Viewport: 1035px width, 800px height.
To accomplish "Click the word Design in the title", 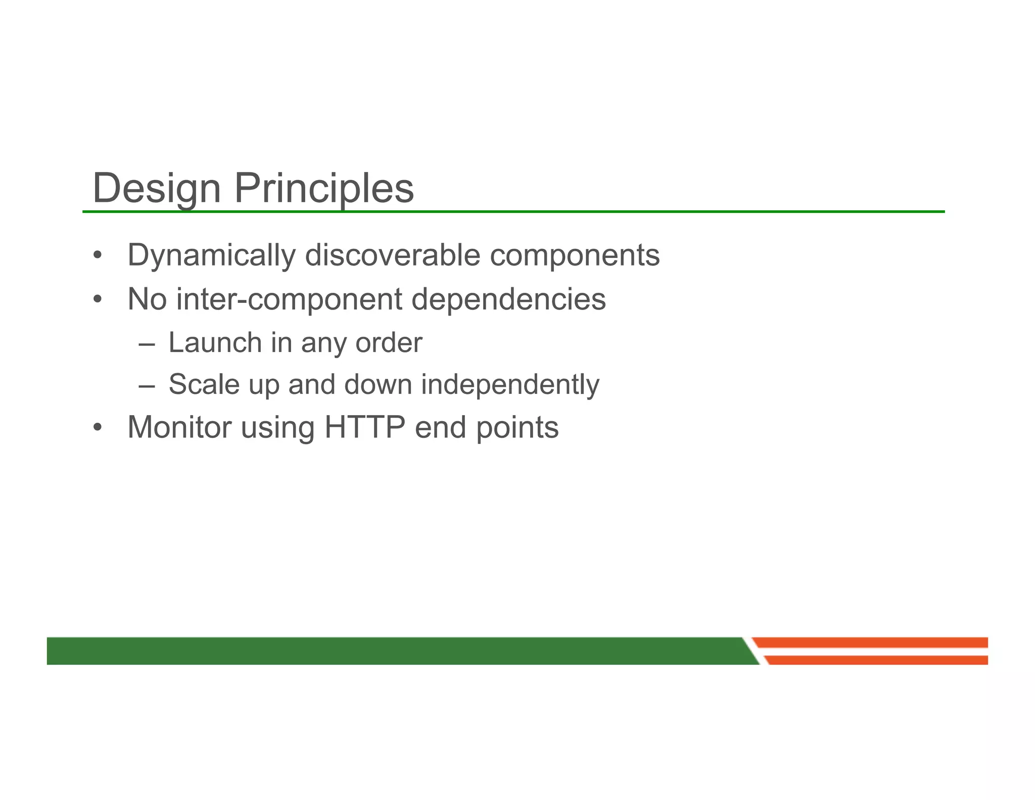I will (157, 189).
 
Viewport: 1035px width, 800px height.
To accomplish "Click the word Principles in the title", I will (323, 189).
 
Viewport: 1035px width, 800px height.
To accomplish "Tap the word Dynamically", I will (211, 255).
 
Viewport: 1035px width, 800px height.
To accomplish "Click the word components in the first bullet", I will (575, 255).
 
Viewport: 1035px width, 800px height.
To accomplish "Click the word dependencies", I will (508, 299).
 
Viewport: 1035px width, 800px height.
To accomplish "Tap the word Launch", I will (215, 343).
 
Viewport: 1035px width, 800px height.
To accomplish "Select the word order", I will (389, 343).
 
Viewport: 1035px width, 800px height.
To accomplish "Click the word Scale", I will (204, 384).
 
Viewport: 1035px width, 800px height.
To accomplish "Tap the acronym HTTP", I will (364, 427).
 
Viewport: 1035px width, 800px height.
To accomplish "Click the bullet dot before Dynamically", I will (98, 255).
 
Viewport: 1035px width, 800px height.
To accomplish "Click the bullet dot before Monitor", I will (98, 428).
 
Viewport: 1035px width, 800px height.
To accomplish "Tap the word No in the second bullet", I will (147, 299).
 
